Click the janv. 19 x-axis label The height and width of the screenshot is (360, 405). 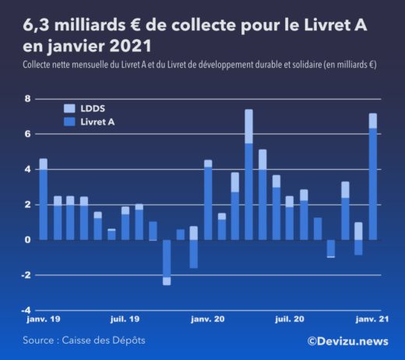click(x=43, y=319)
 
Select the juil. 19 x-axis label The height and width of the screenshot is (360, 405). click(x=125, y=319)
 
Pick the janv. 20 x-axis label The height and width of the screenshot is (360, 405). click(x=208, y=319)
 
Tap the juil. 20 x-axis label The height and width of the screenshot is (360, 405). click(x=290, y=319)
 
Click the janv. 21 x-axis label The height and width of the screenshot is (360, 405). click(x=372, y=319)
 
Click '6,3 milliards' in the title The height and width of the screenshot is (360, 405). click(x=61, y=26)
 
